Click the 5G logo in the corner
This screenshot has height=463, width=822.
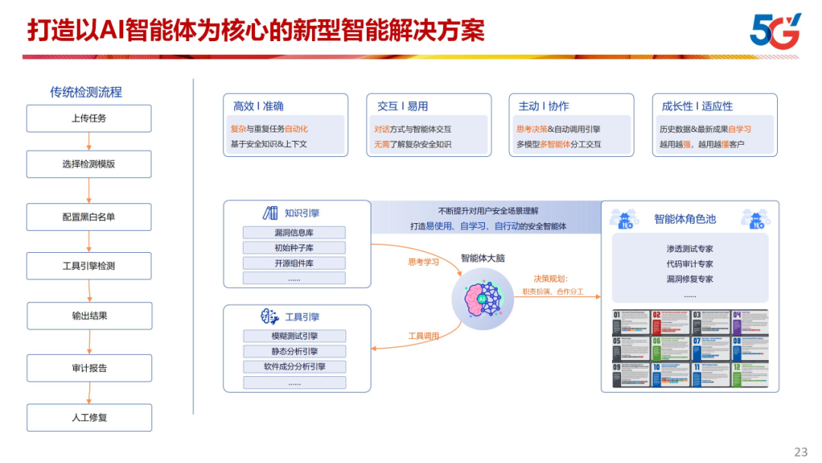tap(775, 30)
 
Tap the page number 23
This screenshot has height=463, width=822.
tap(801, 452)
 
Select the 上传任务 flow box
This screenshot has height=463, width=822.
tap(89, 118)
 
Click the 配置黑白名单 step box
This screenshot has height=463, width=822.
tap(89, 217)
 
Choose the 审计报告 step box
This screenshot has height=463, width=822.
tap(89, 368)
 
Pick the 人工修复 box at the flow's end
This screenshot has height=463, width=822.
tap(89, 417)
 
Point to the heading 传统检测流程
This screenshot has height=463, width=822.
tap(86, 92)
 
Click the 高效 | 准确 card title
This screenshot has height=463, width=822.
tap(258, 106)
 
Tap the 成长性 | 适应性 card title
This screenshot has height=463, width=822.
tap(697, 106)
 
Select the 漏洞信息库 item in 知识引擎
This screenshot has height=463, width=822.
tap(294, 232)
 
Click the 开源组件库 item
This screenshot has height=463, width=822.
tap(294, 263)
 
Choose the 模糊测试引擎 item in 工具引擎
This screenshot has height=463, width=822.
tap(294, 336)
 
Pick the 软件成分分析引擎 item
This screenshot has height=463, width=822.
tap(294, 366)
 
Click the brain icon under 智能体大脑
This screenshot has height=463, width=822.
tap(482, 298)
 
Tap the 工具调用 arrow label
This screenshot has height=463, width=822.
tap(424, 336)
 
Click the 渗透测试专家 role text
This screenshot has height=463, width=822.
tap(690, 248)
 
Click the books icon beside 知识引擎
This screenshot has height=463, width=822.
tap(270, 213)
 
